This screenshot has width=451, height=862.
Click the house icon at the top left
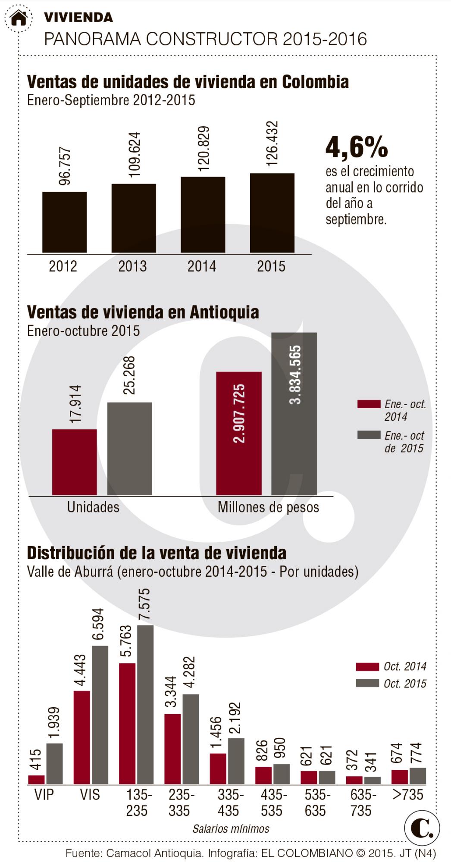pos(19,18)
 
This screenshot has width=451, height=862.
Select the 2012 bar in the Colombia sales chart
pos(64,222)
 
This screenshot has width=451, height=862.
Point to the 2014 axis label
pos(201,266)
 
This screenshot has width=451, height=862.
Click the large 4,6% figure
pos(357,147)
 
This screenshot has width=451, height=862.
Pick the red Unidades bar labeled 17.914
pos(74,462)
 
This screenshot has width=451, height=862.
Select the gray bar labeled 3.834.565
pos(294,414)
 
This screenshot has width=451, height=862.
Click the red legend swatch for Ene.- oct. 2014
pos(369,404)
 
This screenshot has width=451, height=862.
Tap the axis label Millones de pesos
pos(268,507)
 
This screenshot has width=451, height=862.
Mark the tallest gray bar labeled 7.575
pos(145,704)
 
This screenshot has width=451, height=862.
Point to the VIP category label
pos(44,794)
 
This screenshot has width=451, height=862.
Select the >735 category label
pos(408,794)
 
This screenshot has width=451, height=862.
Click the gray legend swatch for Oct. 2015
pos(367,683)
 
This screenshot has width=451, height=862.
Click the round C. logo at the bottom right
pos(422,828)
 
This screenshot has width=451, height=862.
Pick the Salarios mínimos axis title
pos(231,829)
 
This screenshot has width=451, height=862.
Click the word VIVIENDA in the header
pos(78,17)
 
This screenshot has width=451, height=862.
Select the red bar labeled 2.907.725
pos(238,433)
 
